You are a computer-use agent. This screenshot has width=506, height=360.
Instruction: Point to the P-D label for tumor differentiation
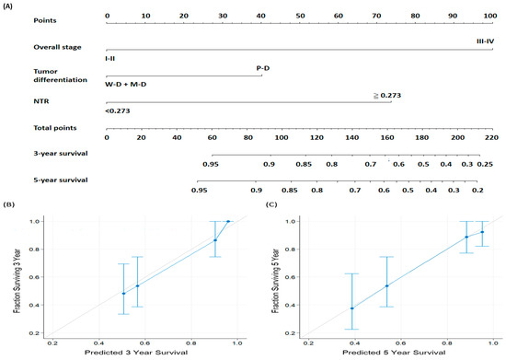pyautogui.click(x=263, y=67)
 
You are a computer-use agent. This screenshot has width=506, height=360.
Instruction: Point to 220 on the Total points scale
pyautogui.click(x=491, y=137)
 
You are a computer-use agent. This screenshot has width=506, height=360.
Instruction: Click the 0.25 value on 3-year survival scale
pyautogui.click(x=485, y=163)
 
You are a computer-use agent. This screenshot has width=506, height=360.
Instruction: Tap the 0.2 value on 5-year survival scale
pyautogui.click(x=477, y=189)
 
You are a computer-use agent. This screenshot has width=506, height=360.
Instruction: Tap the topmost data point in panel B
pyautogui.click(x=228, y=221)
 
